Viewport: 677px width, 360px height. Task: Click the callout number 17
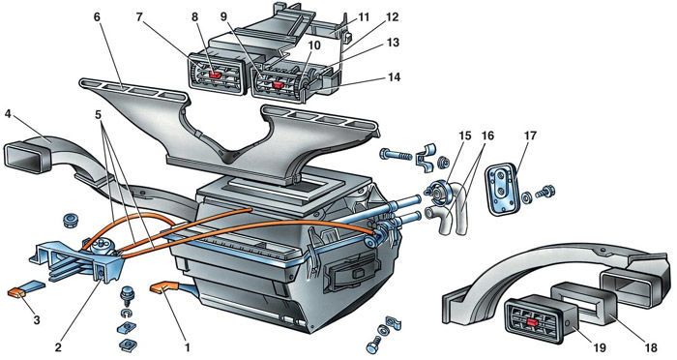click(x=530, y=135)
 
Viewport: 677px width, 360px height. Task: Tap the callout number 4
click(x=8, y=114)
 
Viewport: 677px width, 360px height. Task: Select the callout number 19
click(x=600, y=347)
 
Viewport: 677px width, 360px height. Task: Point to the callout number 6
click(x=97, y=17)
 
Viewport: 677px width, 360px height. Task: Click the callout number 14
click(x=394, y=77)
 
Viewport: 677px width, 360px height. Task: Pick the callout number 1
click(x=187, y=346)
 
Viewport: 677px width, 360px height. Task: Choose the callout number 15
click(x=464, y=135)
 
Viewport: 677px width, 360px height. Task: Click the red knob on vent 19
click(x=533, y=321)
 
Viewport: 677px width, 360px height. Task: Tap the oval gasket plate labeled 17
click(x=503, y=189)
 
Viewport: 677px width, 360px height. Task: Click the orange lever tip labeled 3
click(x=16, y=292)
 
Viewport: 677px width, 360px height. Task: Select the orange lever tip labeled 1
click(x=160, y=287)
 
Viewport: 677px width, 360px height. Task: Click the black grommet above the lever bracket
click(x=70, y=221)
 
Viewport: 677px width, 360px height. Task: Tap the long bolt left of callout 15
click(x=396, y=154)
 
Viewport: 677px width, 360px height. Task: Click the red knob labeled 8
click(x=215, y=75)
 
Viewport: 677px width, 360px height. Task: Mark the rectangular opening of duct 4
click(x=25, y=157)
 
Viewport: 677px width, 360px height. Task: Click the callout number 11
click(x=363, y=17)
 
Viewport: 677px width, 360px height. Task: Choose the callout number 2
click(x=58, y=347)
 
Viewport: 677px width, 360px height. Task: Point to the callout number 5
click(x=99, y=115)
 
